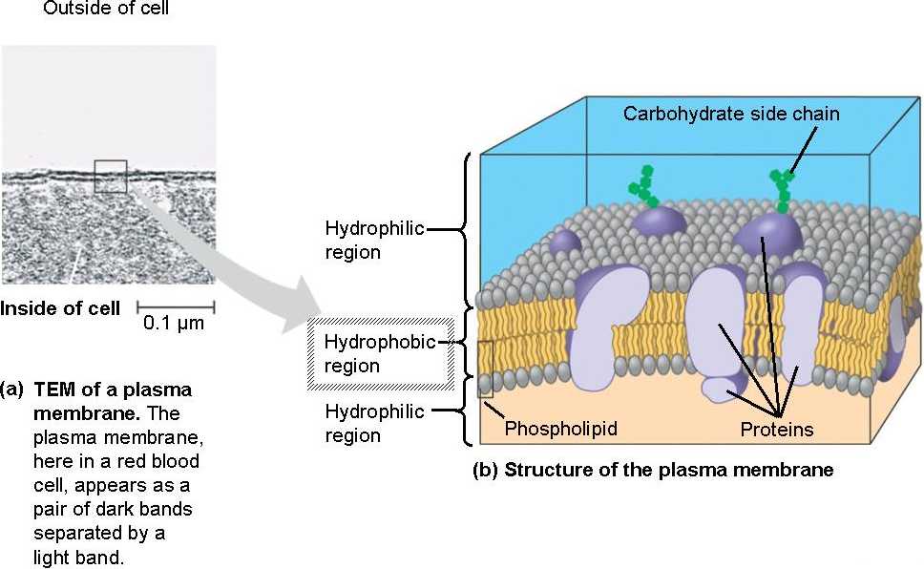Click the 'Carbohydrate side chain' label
[x=731, y=114]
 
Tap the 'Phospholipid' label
[x=561, y=429]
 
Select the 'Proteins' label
[x=776, y=430]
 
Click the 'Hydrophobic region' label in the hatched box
[x=379, y=354]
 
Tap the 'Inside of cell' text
[x=60, y=308]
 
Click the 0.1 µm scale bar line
[x=176, y=307]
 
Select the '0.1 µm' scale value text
[x=174, y=325]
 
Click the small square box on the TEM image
[x=111, y=177]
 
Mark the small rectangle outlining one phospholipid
[x=485, y=369]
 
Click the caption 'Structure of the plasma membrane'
[x=668, y=470]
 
